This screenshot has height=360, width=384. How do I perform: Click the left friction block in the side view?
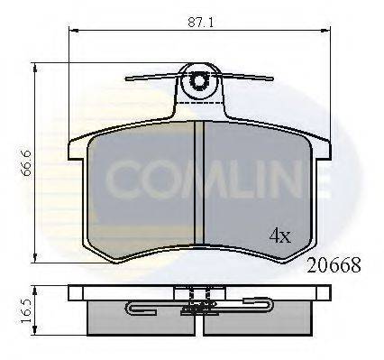[x=126, y=316]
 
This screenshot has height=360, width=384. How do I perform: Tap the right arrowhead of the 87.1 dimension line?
[x=325, y=31]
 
